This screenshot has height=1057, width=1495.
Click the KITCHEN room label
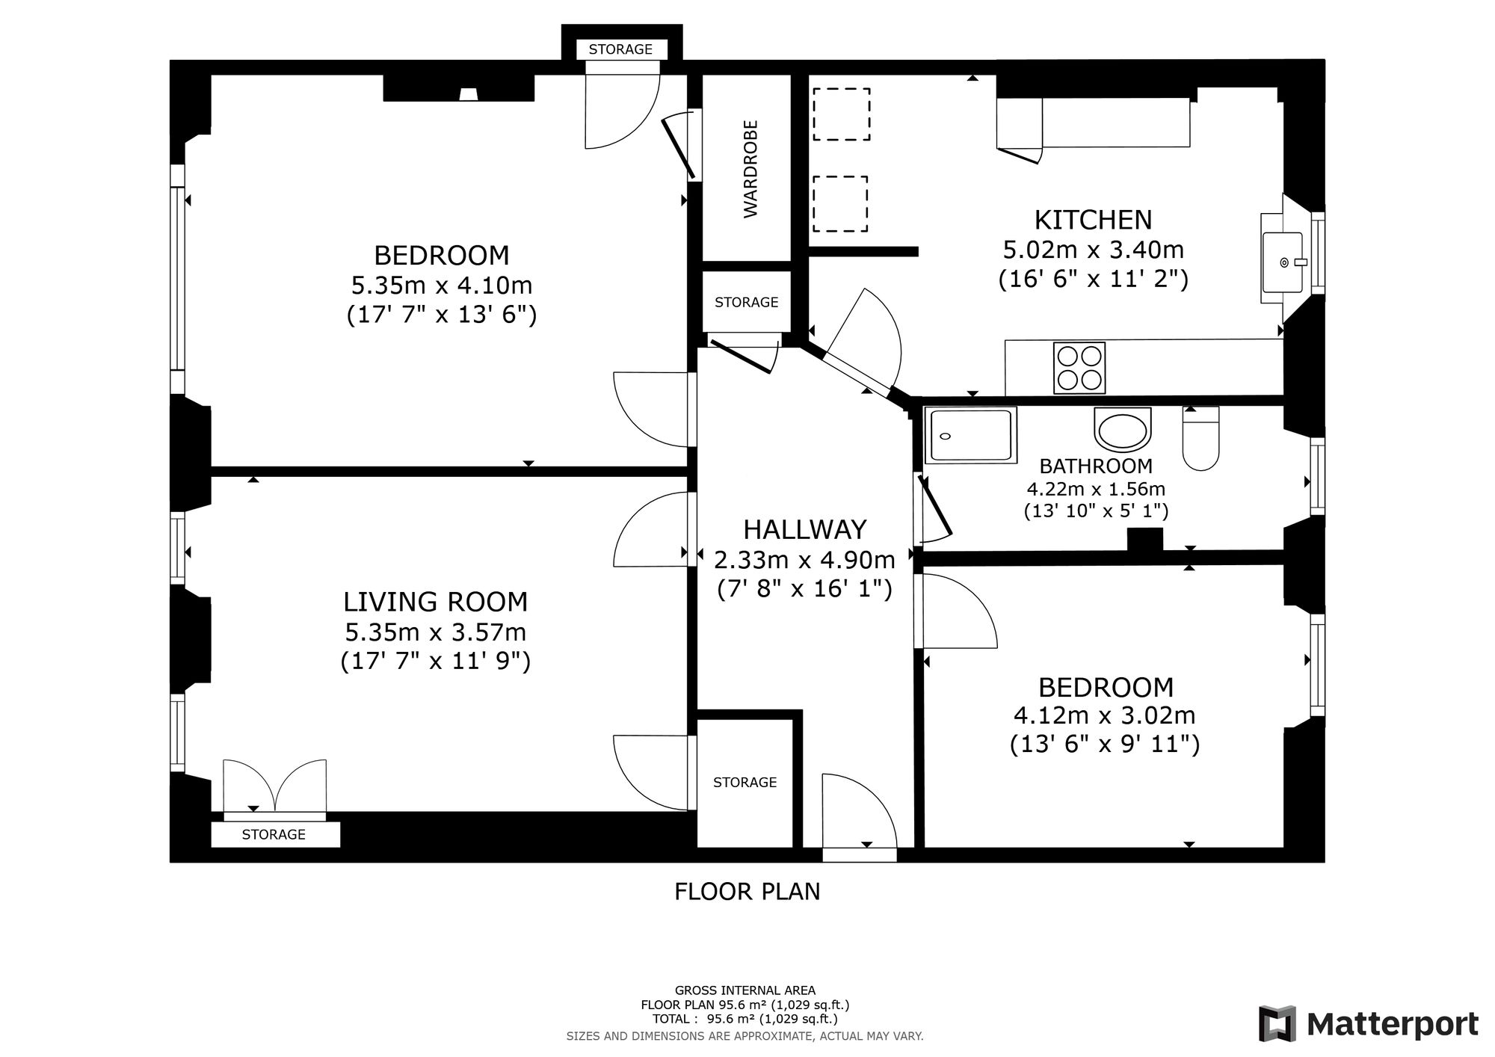(1093, 220)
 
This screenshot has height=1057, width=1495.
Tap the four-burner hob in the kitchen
(1079, 368)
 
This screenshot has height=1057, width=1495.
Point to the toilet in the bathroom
(1200, 438)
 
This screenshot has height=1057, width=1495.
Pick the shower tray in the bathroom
(971, 434)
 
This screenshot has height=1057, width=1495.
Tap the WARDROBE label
(750, 169)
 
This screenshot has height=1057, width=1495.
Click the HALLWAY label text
(805, 530)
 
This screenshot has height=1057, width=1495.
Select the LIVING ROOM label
(436, 602)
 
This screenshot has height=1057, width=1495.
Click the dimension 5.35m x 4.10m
(442, 286)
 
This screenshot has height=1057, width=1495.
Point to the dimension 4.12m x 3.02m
(1105, 715)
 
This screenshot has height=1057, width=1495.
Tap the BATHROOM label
(1096, 466)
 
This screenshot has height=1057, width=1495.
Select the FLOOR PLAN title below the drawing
(747, 892)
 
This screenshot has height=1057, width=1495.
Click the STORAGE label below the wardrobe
(747, 302)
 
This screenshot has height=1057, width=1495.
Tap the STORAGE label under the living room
(274, 834)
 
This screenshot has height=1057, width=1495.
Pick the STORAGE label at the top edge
(620, 49)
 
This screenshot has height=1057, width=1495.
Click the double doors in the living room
(275, 786)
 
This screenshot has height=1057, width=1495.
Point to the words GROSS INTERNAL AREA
(745, 991)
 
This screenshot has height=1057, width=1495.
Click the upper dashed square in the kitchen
(842, 114)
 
